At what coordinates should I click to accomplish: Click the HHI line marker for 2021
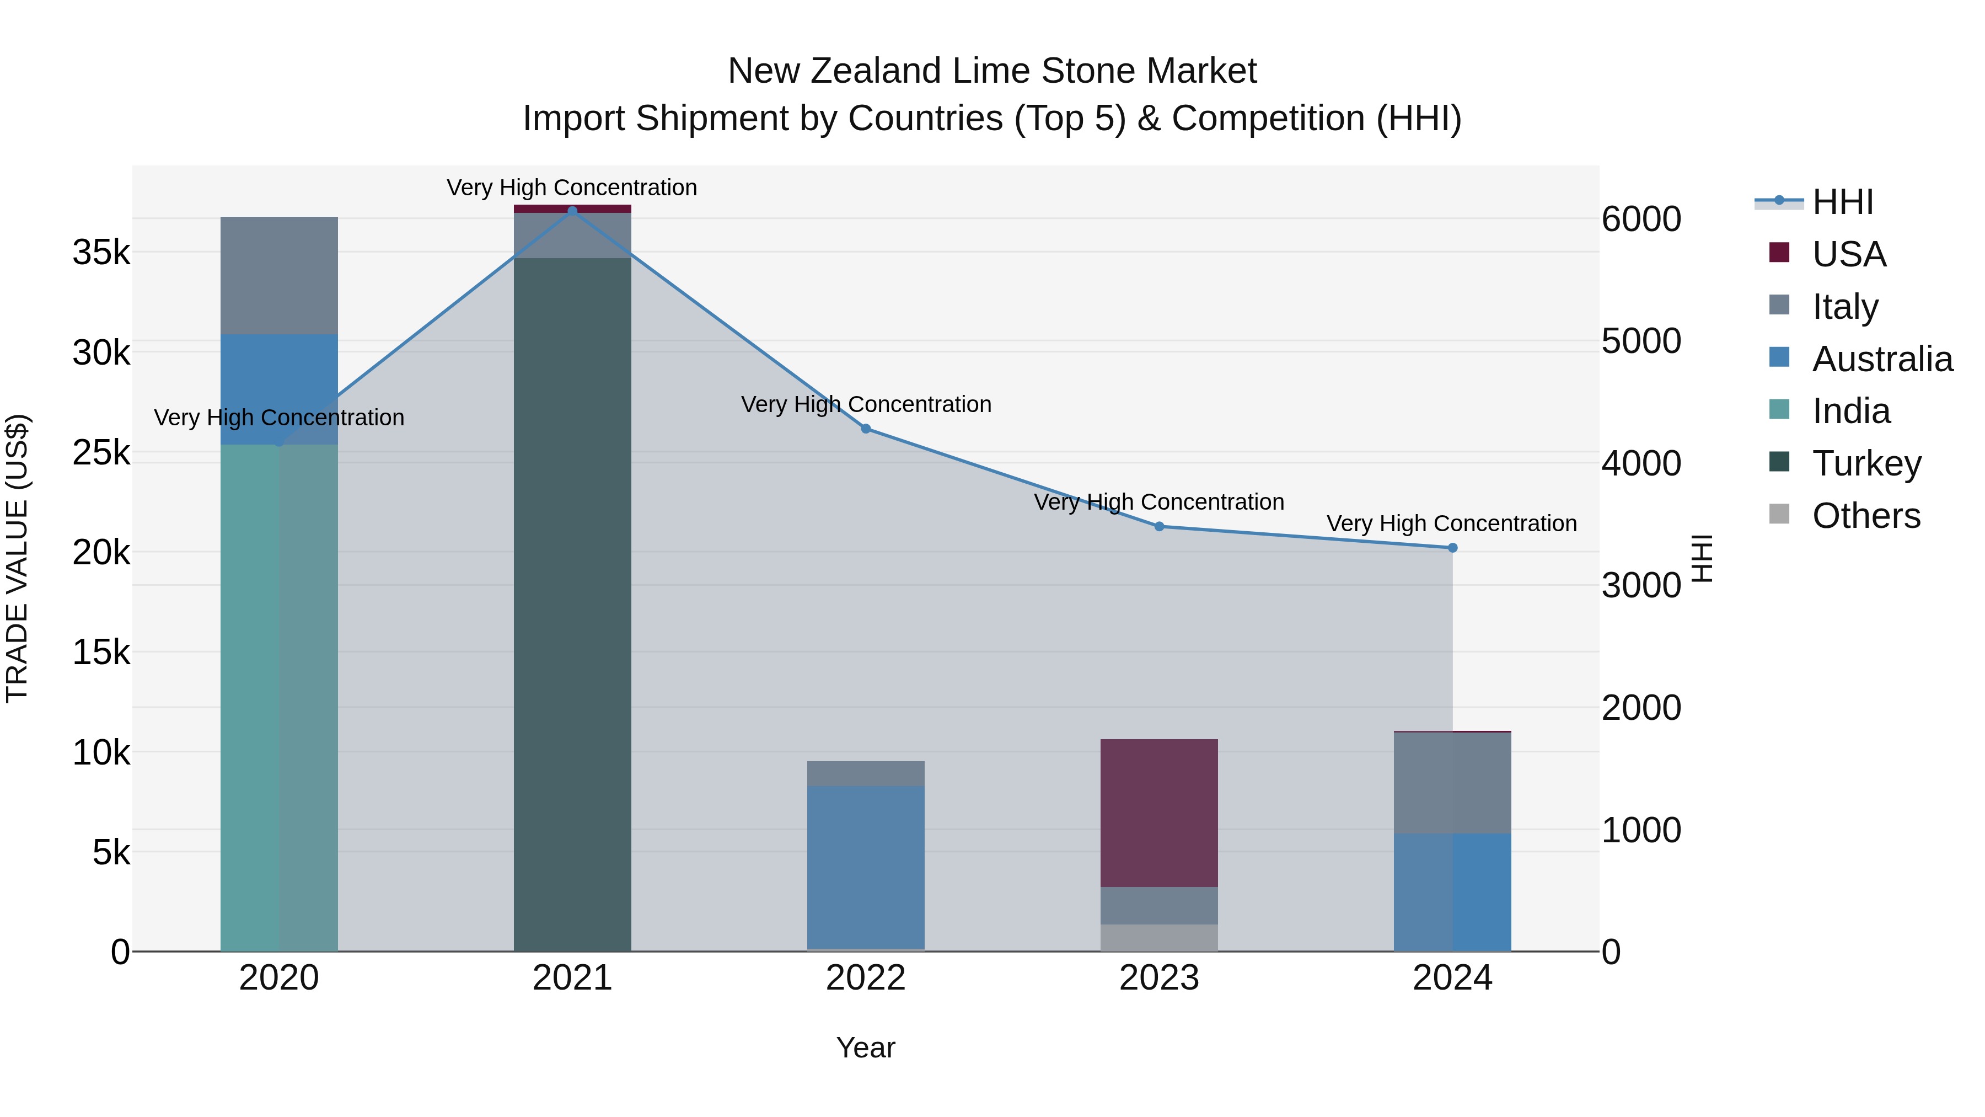[x=572, y=211]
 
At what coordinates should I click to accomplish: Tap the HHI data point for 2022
[x=865, y=429]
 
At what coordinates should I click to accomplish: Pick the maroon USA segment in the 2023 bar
[x=1159, y=813]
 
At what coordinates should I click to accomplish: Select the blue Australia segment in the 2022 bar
[x=865, y=867]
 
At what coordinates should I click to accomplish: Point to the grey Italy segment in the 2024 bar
[x=1452, y=782]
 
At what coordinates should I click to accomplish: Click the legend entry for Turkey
[x=1866, y=463]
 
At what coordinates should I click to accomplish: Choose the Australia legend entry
[x=1882, y=359]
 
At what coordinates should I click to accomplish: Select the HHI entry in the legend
[x=1842, y=202]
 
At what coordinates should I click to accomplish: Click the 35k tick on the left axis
[x=101, y=252]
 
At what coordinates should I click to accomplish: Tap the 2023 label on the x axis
[x=1159, y=978]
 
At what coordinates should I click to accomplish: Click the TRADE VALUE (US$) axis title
[x=17, y=558]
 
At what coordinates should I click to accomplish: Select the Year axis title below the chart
[x=865, y=1047]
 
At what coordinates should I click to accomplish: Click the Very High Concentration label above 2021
[x=572, y=188]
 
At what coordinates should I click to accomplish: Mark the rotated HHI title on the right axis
[x=1702, y=558]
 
